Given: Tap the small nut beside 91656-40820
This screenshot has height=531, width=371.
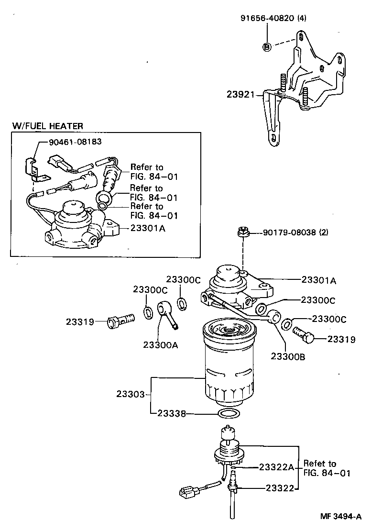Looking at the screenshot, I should (267, 46).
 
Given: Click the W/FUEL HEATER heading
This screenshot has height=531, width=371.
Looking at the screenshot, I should (48, 126).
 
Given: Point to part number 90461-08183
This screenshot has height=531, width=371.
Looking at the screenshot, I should (75, 142).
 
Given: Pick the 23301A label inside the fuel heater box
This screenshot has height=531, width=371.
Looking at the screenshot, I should (148, 229).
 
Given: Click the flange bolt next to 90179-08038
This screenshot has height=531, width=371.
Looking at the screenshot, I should (242, 233).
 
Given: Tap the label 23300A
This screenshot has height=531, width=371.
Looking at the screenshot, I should (160, 344).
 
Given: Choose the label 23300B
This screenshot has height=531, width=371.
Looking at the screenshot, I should (288, 356).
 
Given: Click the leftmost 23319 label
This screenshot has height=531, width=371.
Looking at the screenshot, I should (80, 321).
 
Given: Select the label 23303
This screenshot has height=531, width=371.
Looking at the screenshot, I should (130, 395).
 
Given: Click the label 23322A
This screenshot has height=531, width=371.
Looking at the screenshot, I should (277, 466).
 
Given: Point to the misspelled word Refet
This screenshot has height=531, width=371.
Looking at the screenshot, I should (313, 464).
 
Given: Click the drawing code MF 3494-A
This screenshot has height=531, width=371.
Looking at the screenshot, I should (340, 517).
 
